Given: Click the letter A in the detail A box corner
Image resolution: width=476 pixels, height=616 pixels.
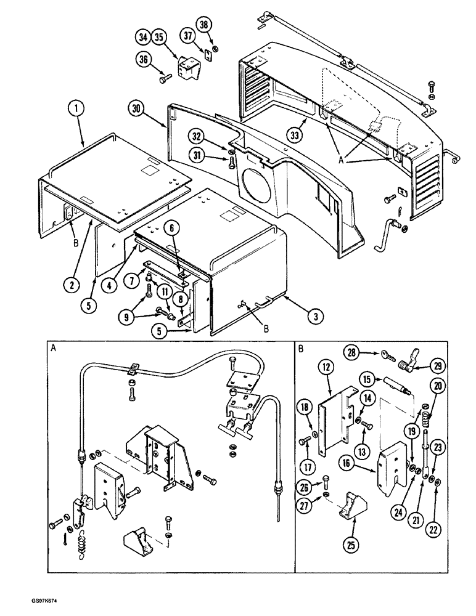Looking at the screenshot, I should (x=54, y=349).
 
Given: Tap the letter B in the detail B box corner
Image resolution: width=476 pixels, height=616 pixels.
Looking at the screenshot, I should (x=300, y=349).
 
